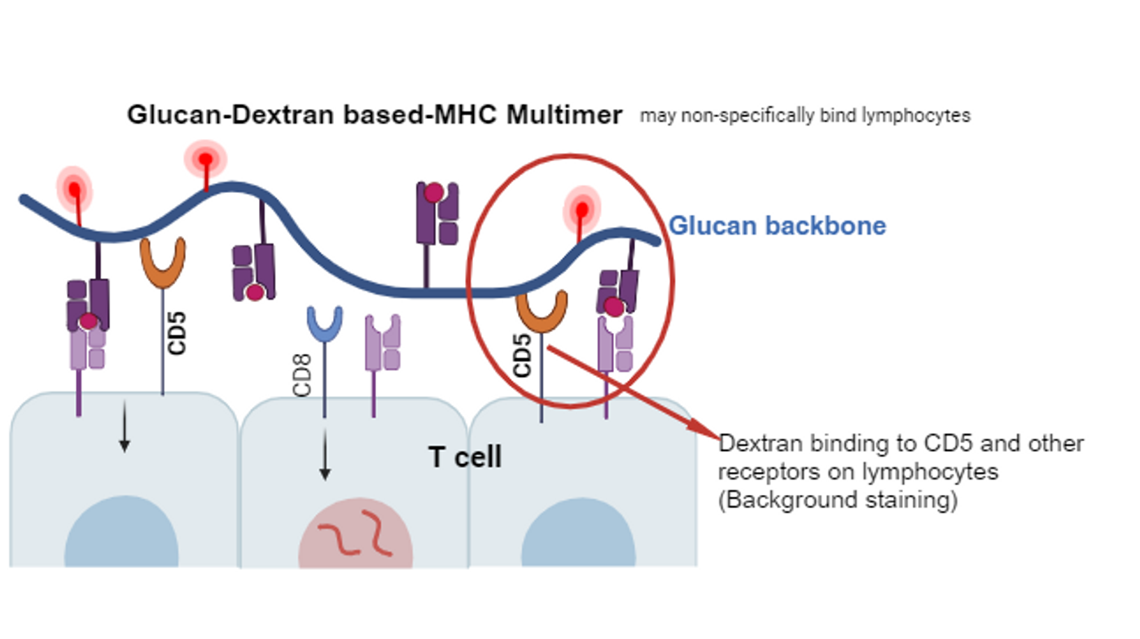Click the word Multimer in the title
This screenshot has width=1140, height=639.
563,115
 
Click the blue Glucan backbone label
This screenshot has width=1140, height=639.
777,225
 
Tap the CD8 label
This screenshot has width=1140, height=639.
302,375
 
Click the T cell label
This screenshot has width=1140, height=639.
465,457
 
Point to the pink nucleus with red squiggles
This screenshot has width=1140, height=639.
355,532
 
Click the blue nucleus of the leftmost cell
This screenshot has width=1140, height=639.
121,531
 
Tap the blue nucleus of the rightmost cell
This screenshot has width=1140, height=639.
579,532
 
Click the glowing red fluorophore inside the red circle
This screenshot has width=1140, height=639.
582,210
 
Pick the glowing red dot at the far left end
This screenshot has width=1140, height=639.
74,190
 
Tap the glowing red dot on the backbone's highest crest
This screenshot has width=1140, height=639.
205,160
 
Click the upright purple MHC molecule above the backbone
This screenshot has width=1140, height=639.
436,213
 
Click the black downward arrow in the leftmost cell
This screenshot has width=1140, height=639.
124,427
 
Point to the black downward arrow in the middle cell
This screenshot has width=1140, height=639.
325,454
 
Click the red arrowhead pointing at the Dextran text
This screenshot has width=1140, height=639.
705,430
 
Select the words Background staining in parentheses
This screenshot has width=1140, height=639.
838,500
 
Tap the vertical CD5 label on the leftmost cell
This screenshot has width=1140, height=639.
177,333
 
